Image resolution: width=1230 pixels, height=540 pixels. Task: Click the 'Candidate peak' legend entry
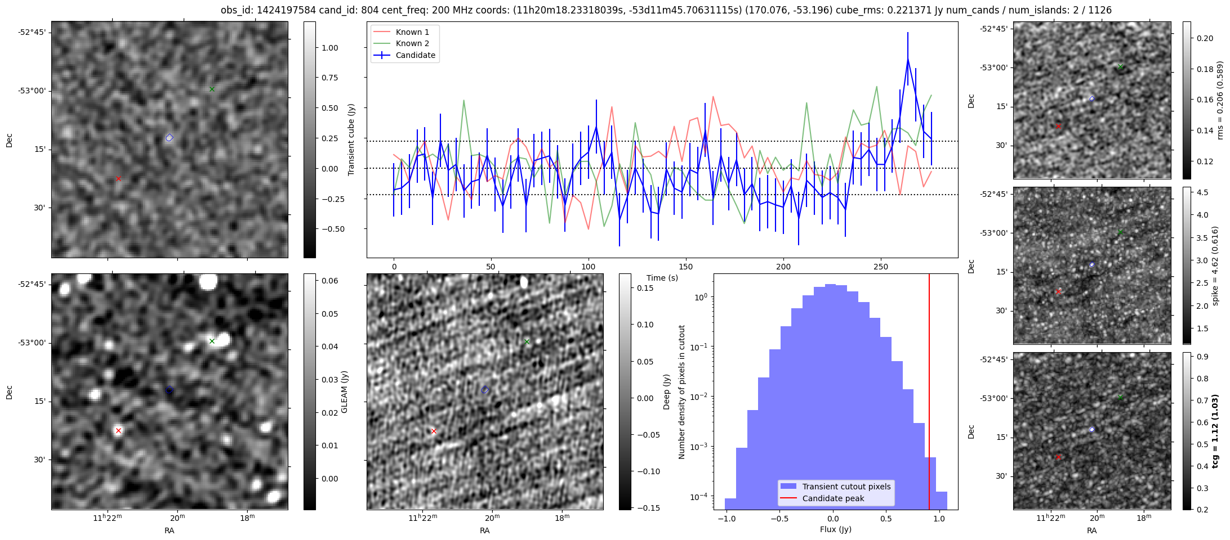pos(833,498)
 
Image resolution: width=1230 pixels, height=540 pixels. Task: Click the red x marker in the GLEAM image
pos(118,431)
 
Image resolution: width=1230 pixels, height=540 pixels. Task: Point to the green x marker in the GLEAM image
pos(212,341)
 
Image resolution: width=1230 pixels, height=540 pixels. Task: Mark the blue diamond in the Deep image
pos(485,390)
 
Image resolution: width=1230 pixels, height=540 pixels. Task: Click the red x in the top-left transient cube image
pos(118,179)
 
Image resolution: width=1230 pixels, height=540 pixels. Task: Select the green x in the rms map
pos(1120,67)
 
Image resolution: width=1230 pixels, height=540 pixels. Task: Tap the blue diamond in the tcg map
pos(1092,430)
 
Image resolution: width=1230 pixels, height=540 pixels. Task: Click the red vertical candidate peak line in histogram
pos(929,394)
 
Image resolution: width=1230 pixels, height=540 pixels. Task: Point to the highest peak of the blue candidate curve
pos(908,59)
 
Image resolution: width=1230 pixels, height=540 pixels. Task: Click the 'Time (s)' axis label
pos(662,278)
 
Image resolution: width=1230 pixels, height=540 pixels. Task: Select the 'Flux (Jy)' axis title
pos(836,529)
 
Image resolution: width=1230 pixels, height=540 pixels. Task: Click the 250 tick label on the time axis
pos(881,267)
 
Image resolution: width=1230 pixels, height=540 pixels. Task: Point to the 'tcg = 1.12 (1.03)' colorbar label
pos(1216,431)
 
